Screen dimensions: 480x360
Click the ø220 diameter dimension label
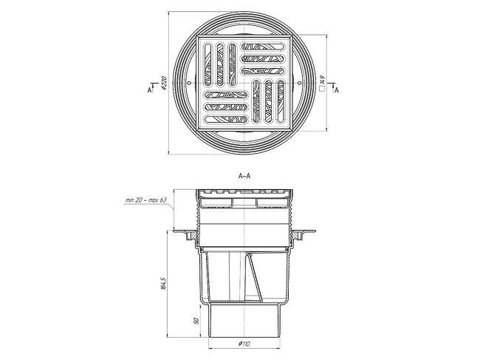[164, 83]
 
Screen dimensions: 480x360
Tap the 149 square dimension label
[322, 80]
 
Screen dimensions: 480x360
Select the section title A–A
[244, 176]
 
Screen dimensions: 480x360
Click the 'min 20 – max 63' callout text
[146, 200]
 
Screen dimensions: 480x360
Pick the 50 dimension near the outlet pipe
[196, 321]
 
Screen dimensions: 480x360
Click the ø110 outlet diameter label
[244, 344]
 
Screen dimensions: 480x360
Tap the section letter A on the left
[149, 89]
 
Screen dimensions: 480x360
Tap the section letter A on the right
[337, 90]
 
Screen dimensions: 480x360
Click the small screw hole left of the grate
[189, 83]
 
